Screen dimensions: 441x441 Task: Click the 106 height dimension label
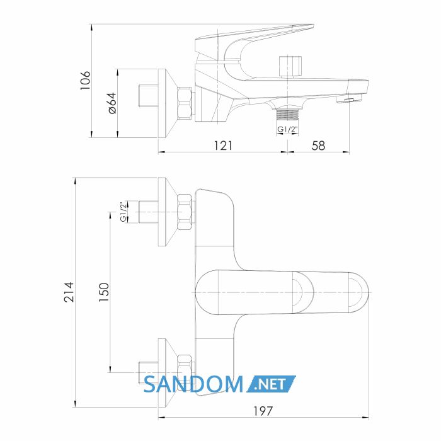click(x=85, y=81)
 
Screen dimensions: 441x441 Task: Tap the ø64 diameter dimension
click(x=112, y=103)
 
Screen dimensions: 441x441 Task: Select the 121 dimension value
click(x=223, y=146)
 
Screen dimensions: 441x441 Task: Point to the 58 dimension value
click(x=318, y=146)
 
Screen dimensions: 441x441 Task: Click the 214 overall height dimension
click(x=69, y=292)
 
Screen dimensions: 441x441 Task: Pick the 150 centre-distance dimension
click(x=104, y=292)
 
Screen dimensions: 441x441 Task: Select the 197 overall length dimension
click(x=263, y=411)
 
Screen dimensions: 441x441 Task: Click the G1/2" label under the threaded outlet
click(x=287, y=129)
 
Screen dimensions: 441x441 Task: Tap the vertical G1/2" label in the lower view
click(x=123, y=212)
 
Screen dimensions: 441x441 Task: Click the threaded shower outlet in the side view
click(x=287, y=115)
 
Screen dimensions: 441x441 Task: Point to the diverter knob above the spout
click(x=290, y=66)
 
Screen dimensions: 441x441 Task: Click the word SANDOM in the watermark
click(x=193, y=384)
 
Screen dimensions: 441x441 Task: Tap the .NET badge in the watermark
click(x=271, y=384)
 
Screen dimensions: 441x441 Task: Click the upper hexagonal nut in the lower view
click(x=185, y=212)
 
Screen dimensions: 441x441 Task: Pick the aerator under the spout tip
click(x=349, y=100)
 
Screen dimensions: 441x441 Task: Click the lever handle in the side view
click(x=253, y=42)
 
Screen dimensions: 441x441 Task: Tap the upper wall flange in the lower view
click(x=168, y=212)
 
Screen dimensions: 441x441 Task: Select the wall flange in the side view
click(x=168, y=103)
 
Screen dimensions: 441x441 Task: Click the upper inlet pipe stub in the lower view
click(x=148, y=212)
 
